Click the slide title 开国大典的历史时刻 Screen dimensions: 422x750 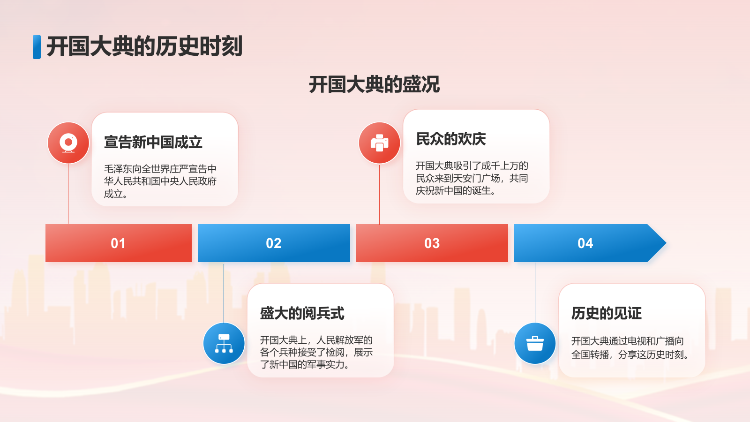tap(144, 47)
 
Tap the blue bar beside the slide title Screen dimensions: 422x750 tap(37, 47)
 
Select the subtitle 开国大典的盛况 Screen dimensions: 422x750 tap(374, 85)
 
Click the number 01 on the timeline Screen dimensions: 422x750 tap(118, 243)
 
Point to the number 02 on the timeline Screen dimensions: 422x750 tap(274, 243)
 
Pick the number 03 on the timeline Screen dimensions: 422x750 tap(432, 243)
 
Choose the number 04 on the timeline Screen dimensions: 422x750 tap(585, 243)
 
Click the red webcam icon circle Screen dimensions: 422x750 tap(68, 143)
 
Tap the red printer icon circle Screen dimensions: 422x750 tap(379, 143)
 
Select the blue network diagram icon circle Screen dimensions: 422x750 tap(224, 343)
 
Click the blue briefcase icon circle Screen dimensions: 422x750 tap(535, 343)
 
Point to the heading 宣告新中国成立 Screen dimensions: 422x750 tap(153, 142)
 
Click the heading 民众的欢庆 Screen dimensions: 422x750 tap(451, 139)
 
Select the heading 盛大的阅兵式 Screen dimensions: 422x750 tap(302, 313)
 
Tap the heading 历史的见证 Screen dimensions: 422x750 tap(607, 313)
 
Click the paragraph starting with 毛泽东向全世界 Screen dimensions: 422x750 tap(160, 181)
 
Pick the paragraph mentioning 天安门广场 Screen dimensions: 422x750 tap(472, 178)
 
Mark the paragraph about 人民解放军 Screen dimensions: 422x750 tap(316, 352)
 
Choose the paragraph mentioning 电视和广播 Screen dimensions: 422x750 tap(630, 348)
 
